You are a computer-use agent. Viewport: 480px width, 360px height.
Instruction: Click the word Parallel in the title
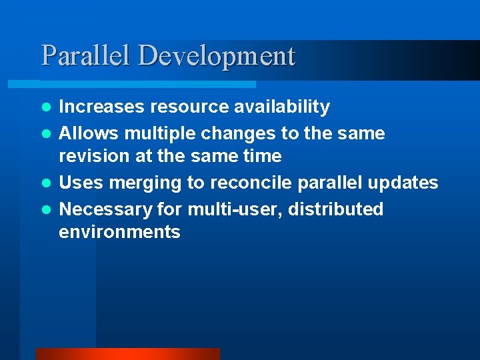click(x=87, y=55)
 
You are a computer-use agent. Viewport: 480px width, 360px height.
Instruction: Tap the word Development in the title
click(x=216, y=57)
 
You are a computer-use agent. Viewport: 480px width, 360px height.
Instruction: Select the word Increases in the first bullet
click(x=102, y=107)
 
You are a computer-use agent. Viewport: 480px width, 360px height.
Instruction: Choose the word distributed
click(x=337, y=209)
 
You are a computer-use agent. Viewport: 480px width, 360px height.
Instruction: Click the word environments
click(x=119, y=232)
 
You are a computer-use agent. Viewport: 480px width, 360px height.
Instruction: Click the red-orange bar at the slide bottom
click(x=127, y=353)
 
